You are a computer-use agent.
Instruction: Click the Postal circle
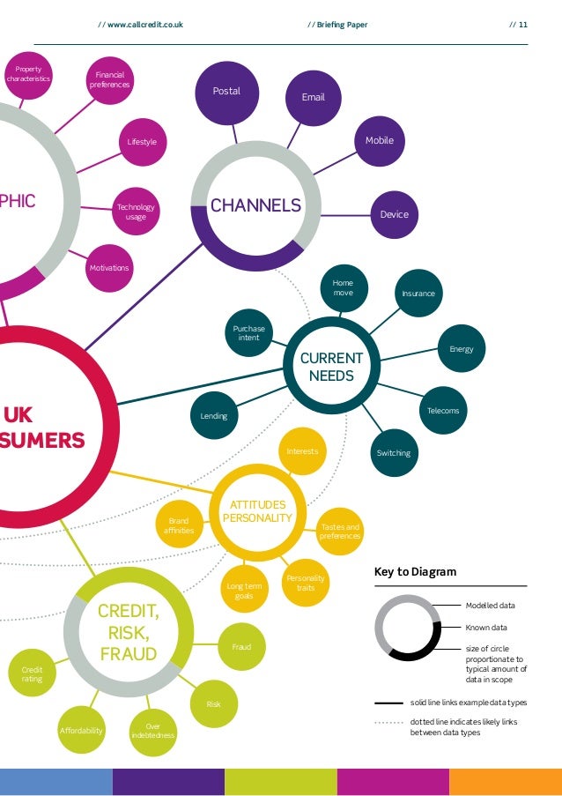click(x=226, y=92)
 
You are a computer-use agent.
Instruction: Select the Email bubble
click(x=314, y=97)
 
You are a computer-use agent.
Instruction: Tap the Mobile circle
click(x=380, y=140)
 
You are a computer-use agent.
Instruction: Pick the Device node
click(x=394, y=214)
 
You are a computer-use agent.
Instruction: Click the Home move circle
click(x=343, y=288)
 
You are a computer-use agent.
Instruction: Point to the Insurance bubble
click(x=418, y=293)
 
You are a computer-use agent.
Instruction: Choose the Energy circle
click(x=461, y=349)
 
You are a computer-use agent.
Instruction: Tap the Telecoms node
click(x=443, y=411)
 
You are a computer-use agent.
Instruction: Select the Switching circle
click(x=394, y=453)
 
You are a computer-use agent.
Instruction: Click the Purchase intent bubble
click(x=249, y=333)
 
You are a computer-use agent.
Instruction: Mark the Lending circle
click(x=214, y=416)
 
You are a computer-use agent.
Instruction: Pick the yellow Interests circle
click(x=302, y=451)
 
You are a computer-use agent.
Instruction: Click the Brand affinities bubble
click(x=179, y=525)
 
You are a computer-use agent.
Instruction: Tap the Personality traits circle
click(x=306, y=582)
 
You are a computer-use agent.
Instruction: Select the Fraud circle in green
click(x=241, y=647)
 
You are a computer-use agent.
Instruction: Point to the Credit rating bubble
click(x=32, y=674)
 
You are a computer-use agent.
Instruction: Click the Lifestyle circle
click(x=142, y=142)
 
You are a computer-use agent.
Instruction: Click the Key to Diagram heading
click(x=416, y=571)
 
